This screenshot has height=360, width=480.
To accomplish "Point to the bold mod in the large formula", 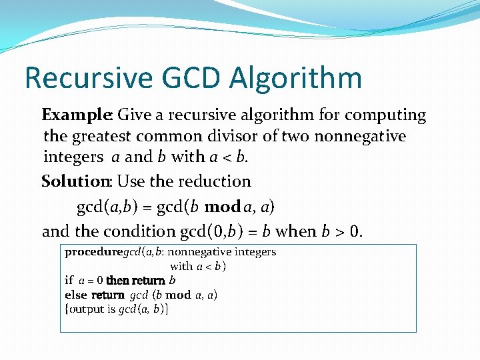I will click(223, 207).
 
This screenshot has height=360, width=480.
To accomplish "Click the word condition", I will click(140, 231).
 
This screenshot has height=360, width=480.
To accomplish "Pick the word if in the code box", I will click(69, 281).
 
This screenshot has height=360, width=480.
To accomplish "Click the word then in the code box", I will click(119, 281).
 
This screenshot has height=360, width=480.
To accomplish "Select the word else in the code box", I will click(75, 295).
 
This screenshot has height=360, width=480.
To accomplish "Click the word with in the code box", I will click(181, 266).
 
